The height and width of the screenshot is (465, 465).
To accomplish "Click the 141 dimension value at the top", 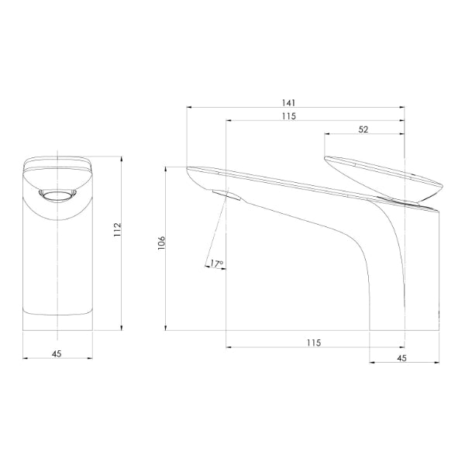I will pos(290,102).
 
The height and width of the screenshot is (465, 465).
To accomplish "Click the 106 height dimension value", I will pos(161,243).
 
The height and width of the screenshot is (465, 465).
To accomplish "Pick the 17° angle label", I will pos(216,264).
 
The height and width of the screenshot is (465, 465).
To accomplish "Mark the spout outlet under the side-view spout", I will pos(221,194).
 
